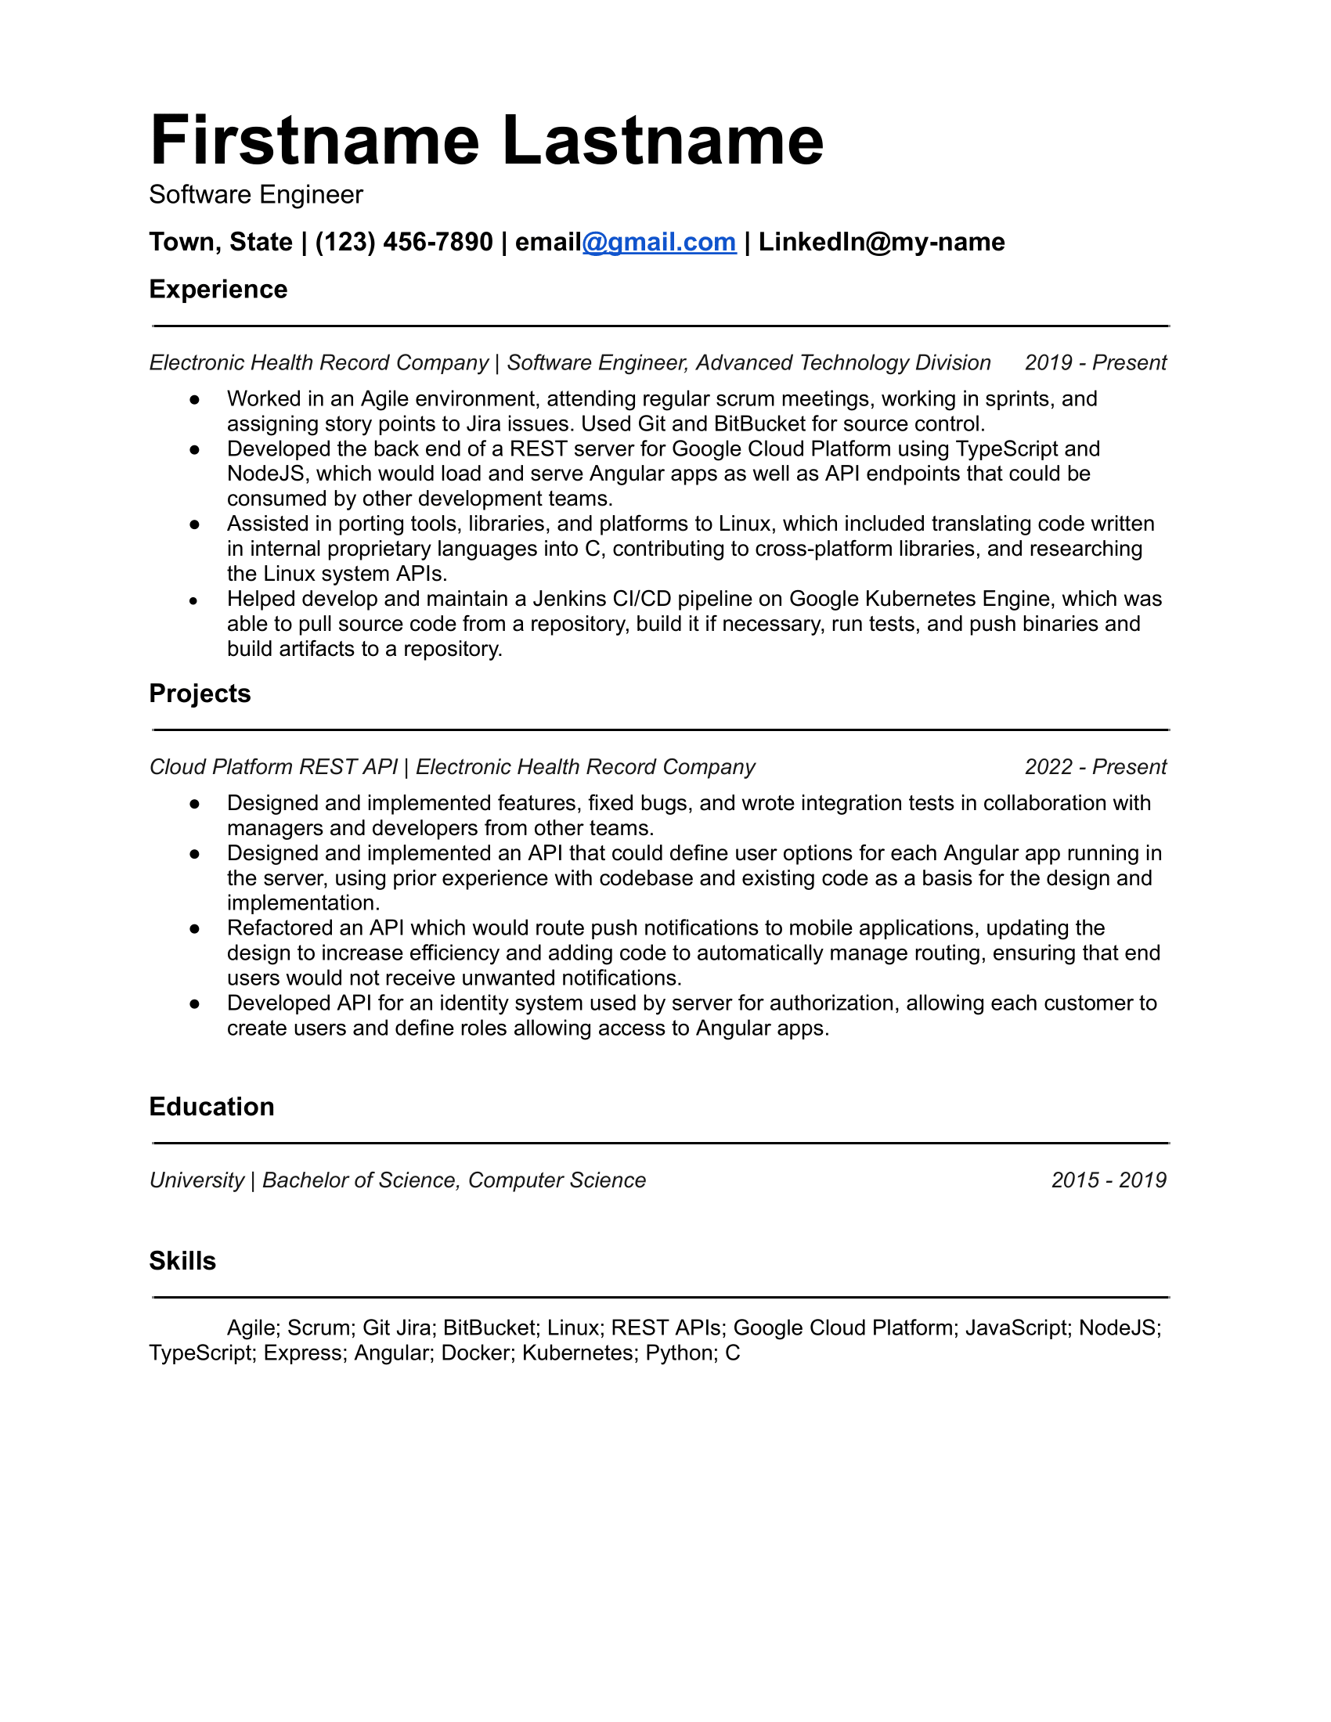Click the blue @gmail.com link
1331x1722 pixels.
[x=659, y=242]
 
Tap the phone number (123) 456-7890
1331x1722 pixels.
[x=404, y=242]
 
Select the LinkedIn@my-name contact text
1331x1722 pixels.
[x=882, y=242]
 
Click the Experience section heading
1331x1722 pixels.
[x=218, y=290]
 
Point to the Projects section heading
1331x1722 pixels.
[x=200, y=693]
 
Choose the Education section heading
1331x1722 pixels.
[x=212, y=1107]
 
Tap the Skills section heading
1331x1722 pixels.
[x=183, y=1261]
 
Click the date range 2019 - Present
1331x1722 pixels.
[x=1095, y=362]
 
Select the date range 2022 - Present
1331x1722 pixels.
[x=1095, y=767]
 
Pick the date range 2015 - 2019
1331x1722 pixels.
[x=1109, y=1180]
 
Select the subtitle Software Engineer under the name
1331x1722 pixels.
[x=256, y=195]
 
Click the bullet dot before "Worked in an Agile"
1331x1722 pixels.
[x=194, y=400]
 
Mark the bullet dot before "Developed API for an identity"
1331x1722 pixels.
[x=194, y=1003]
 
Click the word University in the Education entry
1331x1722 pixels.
[x=197, y=1180]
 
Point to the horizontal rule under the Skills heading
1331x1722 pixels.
[x=661, y=1297]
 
